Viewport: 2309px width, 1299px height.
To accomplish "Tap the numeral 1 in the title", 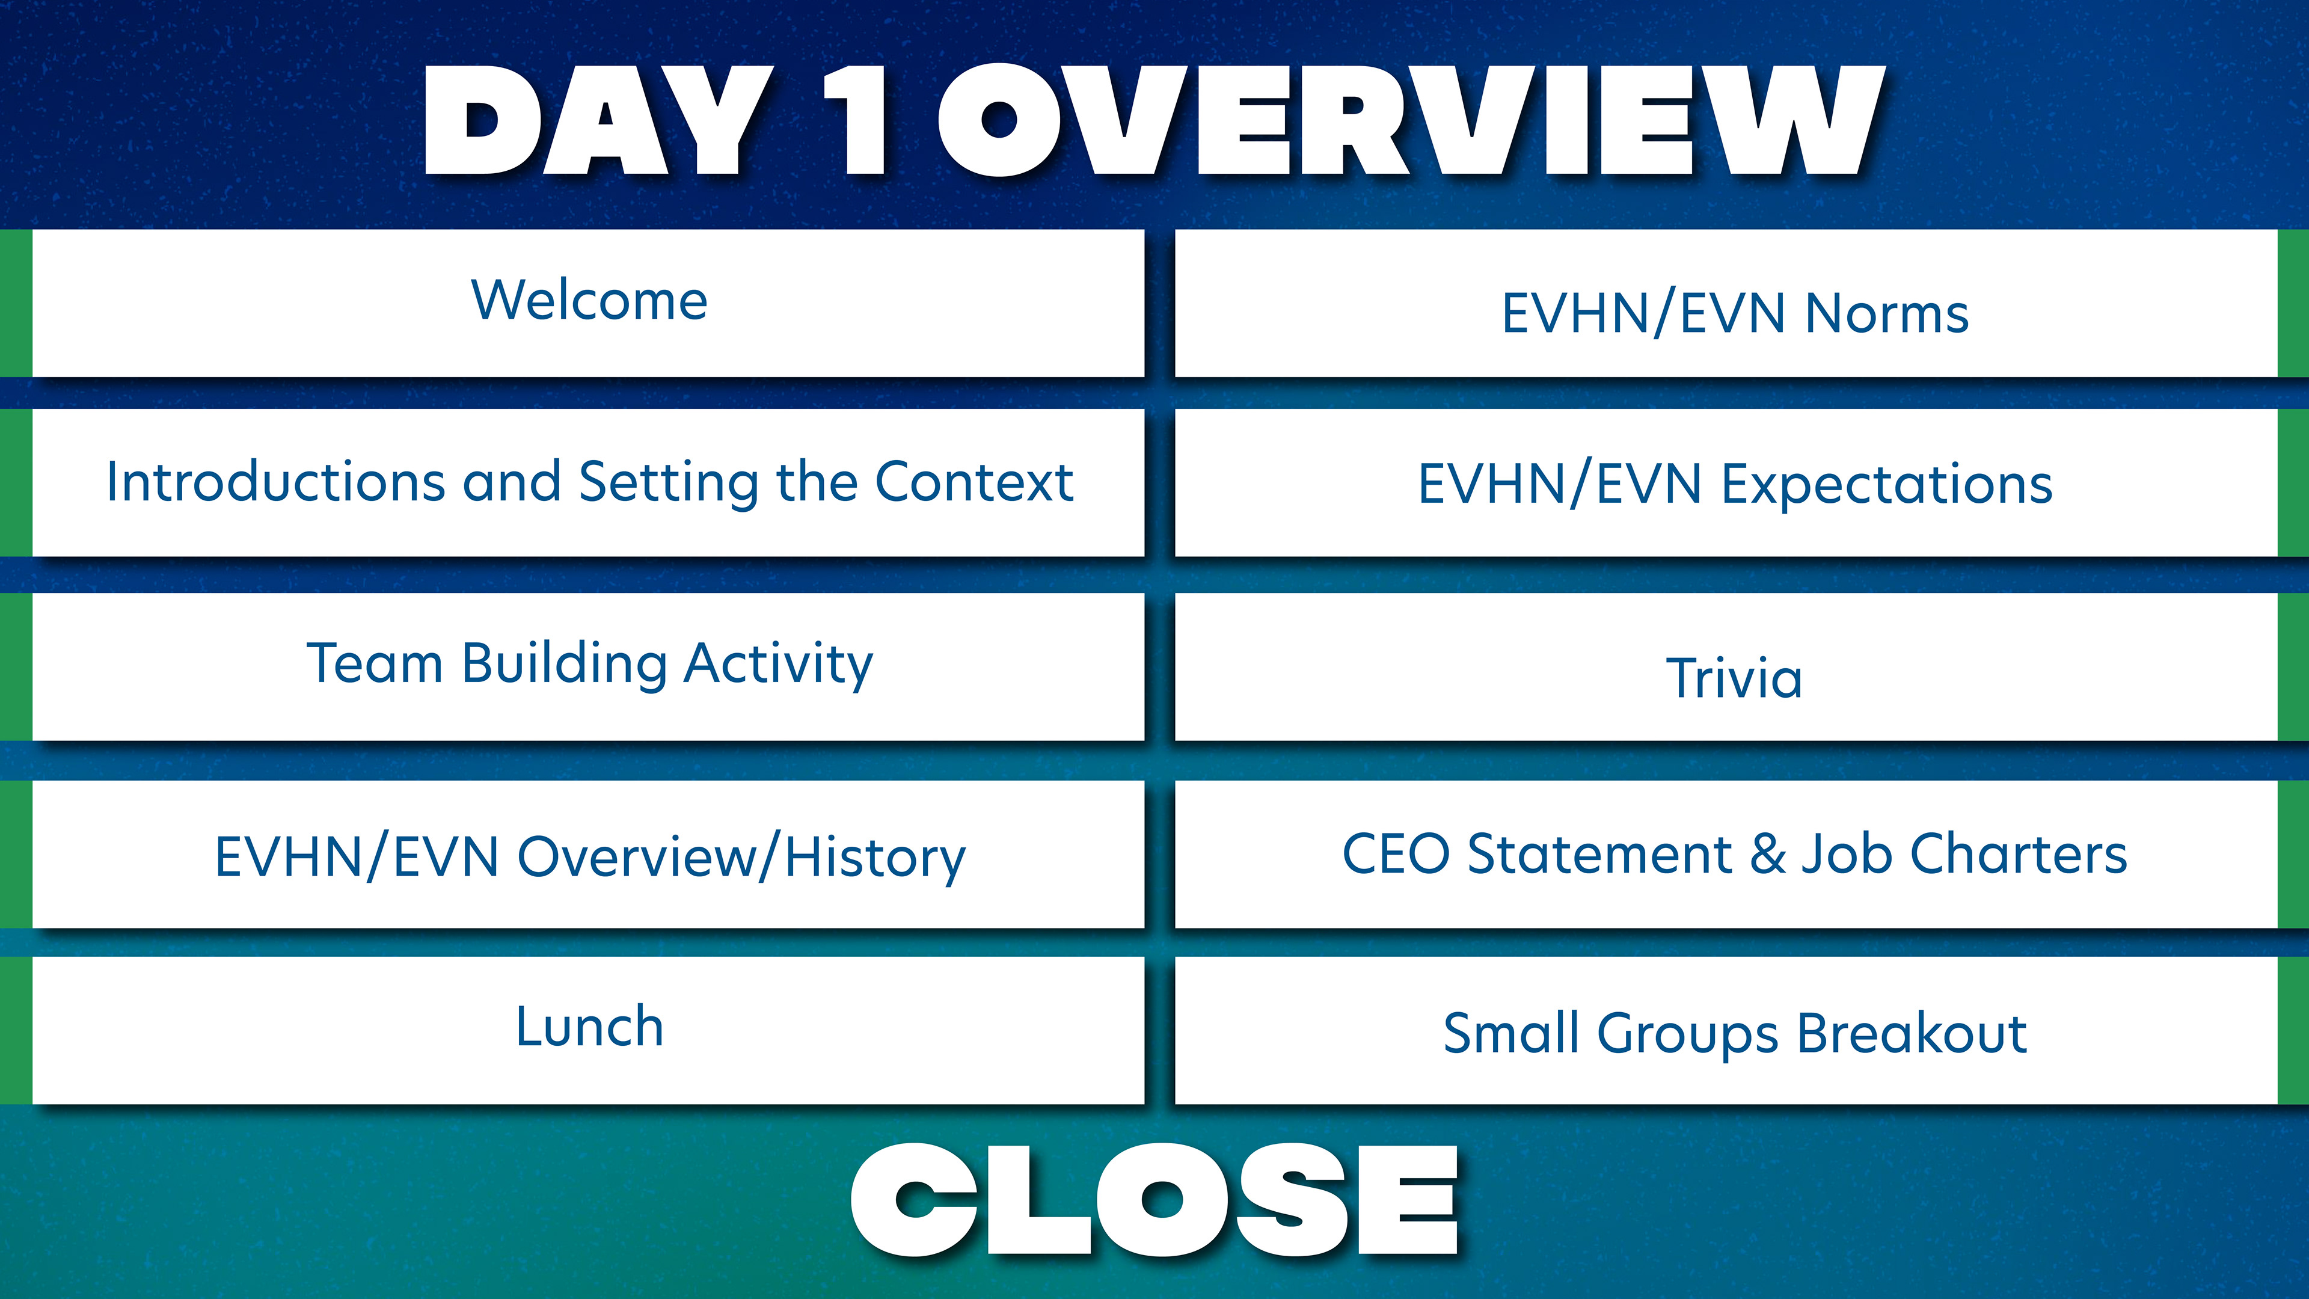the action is (x=856, y=120).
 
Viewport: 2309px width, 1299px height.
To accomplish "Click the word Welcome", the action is (x=589, y=299).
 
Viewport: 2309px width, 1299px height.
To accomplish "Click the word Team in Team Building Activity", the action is (x=375, y=663).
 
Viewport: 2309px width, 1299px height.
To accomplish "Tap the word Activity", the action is (x=778, y=665).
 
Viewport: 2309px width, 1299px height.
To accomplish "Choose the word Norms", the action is (x=1887, y=314).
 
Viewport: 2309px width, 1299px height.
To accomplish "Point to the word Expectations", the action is (x=1887, y=485).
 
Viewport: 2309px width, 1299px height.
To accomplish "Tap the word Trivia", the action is (x=1734, y=678).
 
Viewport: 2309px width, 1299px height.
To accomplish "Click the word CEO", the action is (x=1396, y=853).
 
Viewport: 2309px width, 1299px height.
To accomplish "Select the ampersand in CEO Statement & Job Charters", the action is (x=1768, y=853).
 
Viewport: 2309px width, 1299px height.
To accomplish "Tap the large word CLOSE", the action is (x=1154, y=1200).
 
